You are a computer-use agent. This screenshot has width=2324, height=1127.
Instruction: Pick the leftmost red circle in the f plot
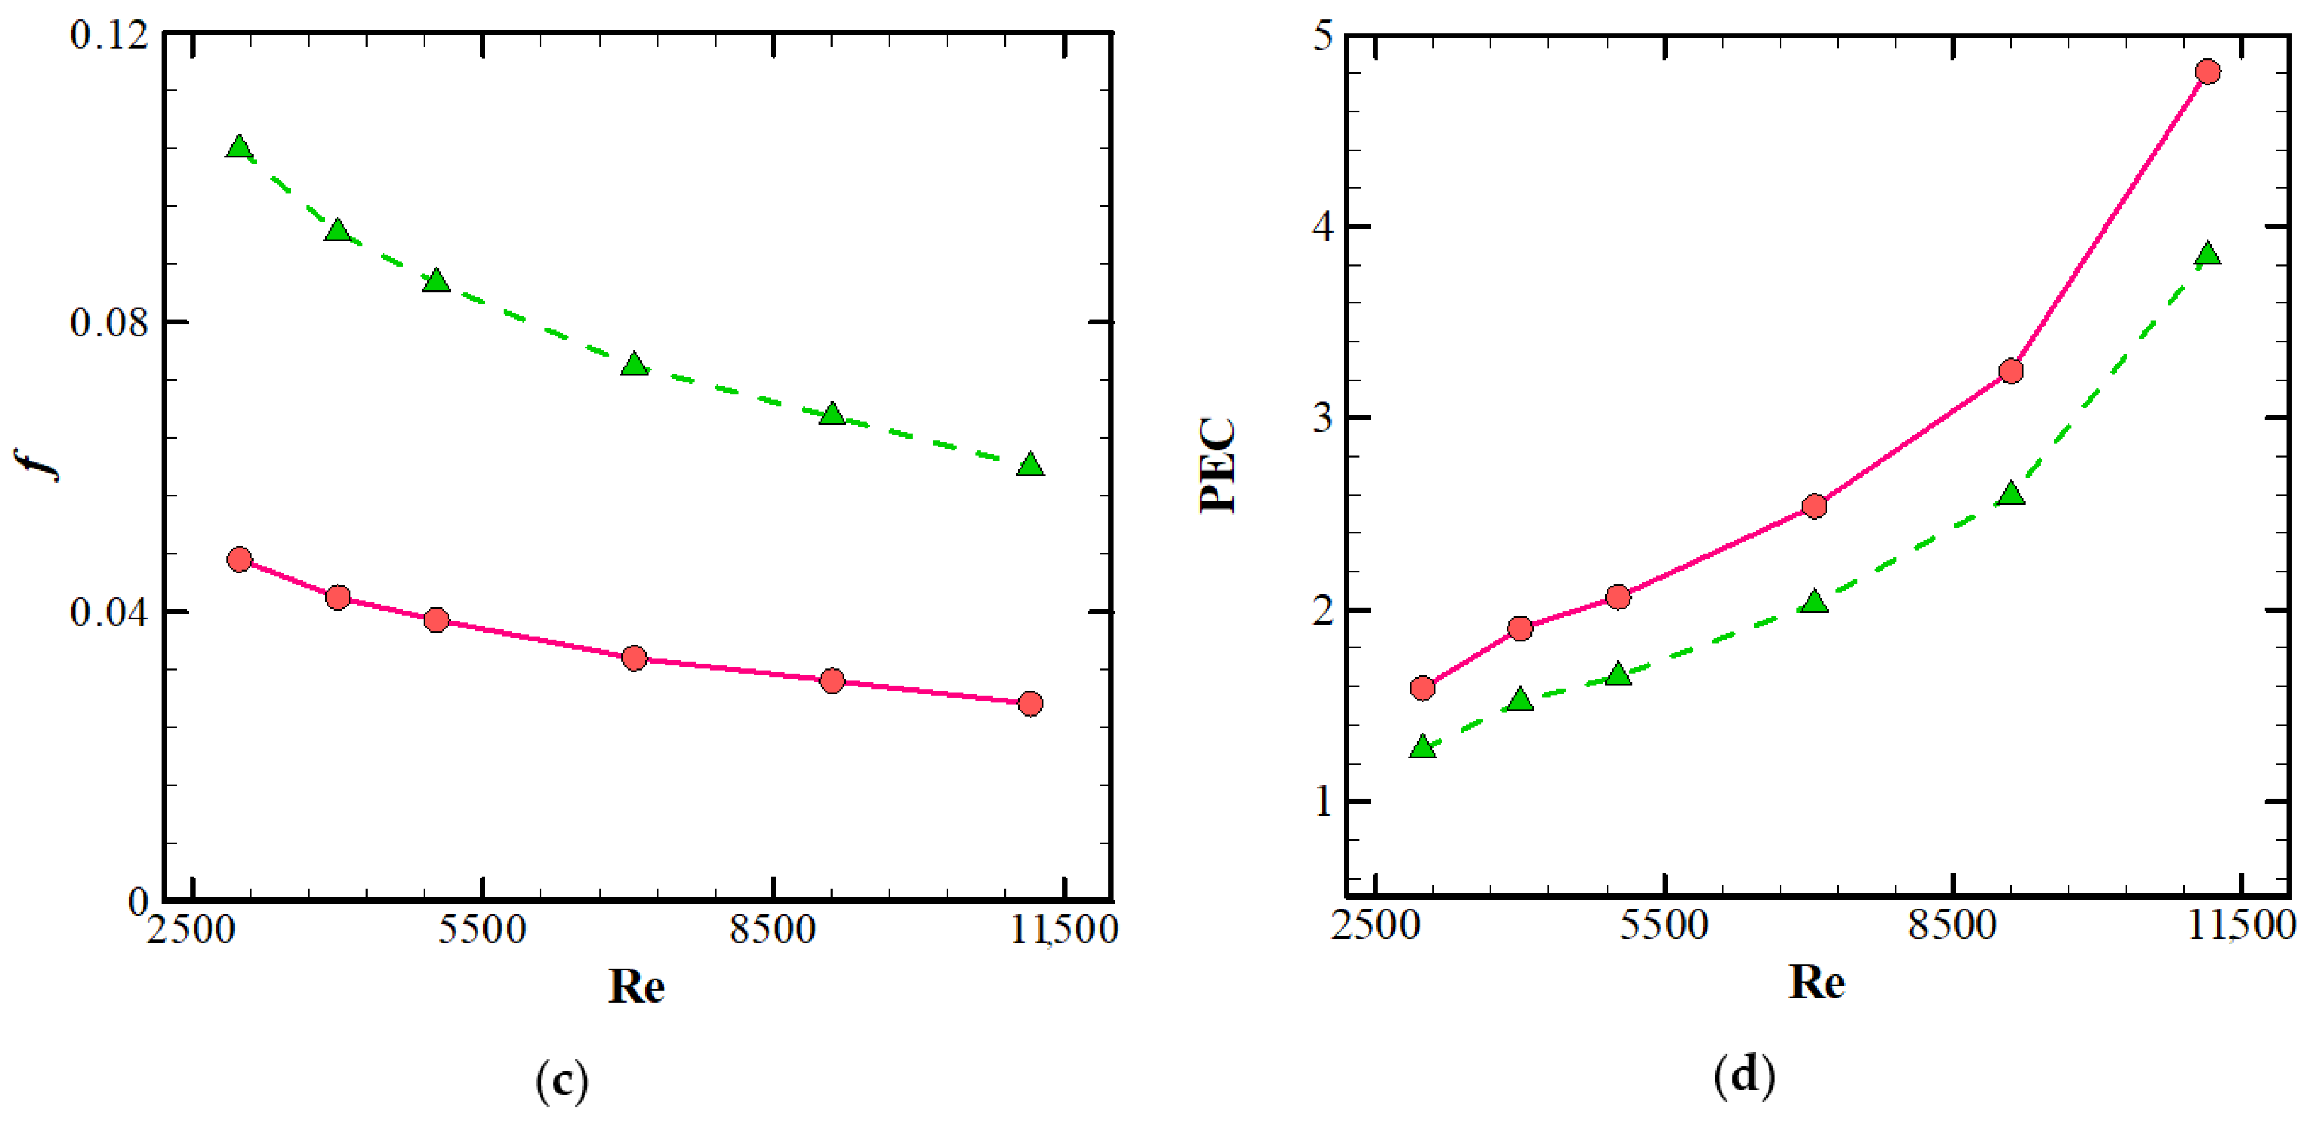(x=239, y=559)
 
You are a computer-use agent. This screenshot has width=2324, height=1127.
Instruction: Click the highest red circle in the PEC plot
(x=2208, y=72)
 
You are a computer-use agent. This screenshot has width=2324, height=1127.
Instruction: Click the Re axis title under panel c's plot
(x=636, y=986)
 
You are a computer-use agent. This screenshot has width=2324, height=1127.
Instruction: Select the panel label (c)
(x=561, y=1079)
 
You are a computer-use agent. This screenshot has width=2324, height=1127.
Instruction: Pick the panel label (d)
(x=1744, y=1075)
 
